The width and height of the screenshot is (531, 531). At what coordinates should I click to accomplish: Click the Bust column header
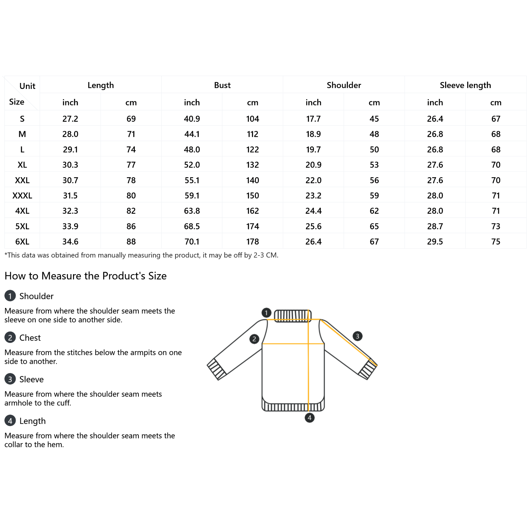coord(222,85)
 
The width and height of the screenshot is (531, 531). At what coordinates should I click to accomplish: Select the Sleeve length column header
coord(465,85)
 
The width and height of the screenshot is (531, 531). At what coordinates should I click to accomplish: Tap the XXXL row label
coord(22,195)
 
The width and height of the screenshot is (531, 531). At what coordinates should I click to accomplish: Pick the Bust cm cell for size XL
coord(252,165)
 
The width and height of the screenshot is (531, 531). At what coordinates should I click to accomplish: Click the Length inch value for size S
coord(70,119)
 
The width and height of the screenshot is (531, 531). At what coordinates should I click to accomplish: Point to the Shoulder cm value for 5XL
coord(374,226)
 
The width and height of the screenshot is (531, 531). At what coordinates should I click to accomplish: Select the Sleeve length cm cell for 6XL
coord(495,242)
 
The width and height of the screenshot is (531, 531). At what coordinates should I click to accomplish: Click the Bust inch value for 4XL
coord(192,211)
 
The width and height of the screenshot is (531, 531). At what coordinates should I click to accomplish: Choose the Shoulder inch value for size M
coord(313,134)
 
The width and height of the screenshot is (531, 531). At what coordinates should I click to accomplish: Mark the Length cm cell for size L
coord(131,150)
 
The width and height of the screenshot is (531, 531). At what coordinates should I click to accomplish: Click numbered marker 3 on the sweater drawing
coord(357,336)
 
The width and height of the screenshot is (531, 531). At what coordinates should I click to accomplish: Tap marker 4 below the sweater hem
coord(309,417)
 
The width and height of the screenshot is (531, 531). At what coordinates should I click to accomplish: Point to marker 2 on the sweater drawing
coord(254,339)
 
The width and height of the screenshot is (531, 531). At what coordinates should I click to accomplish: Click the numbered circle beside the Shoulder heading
coord(10,296)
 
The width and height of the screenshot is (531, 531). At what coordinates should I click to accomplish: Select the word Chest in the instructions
coord(30,338)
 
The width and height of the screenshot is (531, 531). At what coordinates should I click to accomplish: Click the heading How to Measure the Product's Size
coord(86,276)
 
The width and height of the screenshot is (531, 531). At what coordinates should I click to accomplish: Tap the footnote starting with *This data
coord(141,255)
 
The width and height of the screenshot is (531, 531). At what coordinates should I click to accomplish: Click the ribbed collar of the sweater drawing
coord(292,316)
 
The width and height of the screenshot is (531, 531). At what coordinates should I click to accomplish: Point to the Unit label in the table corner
coord(27,86)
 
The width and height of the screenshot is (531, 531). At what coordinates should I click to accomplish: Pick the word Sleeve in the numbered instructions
coord(32,379)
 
